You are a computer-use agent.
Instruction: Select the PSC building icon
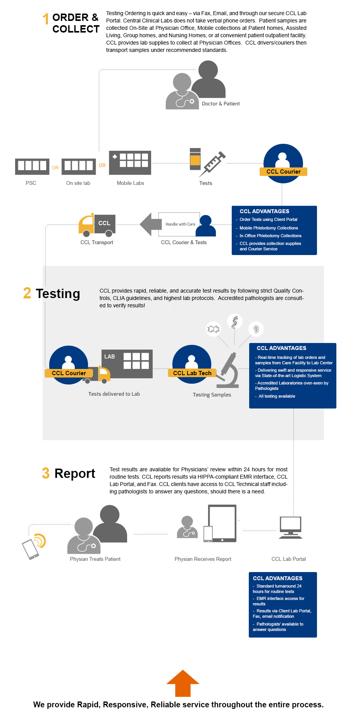(x=32, y=166)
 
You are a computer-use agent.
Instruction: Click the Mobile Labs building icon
(x=130, y=162)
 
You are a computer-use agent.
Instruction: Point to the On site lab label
(x=78, y=183)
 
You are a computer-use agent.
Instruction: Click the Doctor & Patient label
(x=220, y=103)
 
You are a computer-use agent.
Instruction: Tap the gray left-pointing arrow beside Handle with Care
(x=150, y=224)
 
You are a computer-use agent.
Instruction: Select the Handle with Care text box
(x=179, y=224)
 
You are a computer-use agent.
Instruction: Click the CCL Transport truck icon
(x=97, y=225)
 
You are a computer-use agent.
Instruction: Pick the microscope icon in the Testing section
(x=229, y=371)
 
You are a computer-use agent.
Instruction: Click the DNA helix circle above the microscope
(x=234, y=322)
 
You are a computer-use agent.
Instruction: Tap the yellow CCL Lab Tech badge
(x=192, y=373)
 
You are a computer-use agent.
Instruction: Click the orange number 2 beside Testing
(x=27, y=293)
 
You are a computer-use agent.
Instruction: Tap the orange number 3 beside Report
(x=46, y=473)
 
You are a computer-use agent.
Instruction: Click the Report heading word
(x=75, y=474)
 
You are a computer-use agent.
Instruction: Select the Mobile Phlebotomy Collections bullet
(x=269, y=228)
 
